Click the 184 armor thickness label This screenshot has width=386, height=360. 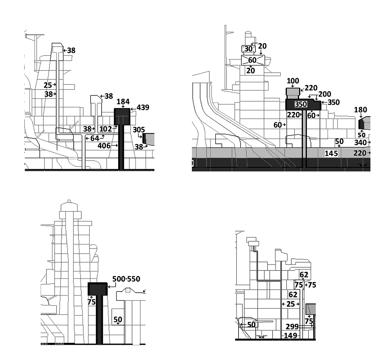tap(123, 102)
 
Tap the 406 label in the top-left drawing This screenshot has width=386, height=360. tap(104, 146)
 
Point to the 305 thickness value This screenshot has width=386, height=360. tap(139, 130)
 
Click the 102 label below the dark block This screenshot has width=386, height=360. tap(105, 129)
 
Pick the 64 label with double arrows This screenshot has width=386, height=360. tap(95, 138)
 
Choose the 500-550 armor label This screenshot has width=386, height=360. tap(126, 279)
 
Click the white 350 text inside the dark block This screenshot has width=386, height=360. tap(301, 104)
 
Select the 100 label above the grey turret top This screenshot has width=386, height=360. tap(293, 81)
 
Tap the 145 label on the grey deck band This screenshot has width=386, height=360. tap(331, 154)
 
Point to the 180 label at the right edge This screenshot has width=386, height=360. tap(360, 110)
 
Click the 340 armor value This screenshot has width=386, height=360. tap(360, 143)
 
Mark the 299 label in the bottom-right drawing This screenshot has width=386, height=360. tap(292, 327)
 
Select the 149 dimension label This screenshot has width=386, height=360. tap(290, 336)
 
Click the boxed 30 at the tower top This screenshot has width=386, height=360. tap(248, 49)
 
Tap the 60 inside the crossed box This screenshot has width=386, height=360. tap(252, 60)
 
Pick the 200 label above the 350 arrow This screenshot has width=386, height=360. tap(324, 94)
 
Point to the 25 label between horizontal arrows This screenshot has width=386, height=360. tap(291, 304)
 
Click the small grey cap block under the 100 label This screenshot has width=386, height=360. tap(293, 92)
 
